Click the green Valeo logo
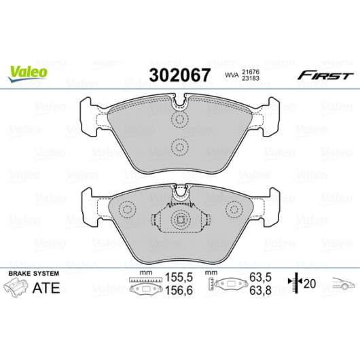tap(28, 73)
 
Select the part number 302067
tap(179, 75)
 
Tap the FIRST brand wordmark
tap(325, 75)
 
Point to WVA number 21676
tap(251, 72)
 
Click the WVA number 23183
tap(251, 78)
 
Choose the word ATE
tap(46, 287)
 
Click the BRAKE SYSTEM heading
tap(34, 274)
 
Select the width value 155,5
tap(179, 277)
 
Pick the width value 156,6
tap(179, 291)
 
